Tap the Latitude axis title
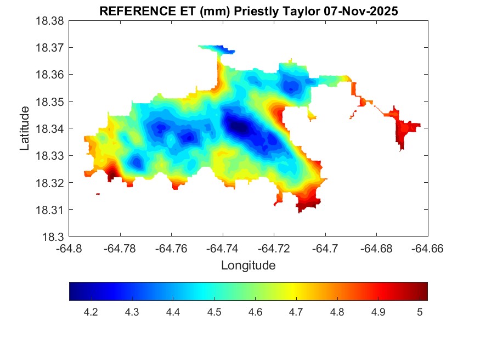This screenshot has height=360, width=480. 25,129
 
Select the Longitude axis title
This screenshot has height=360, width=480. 248,266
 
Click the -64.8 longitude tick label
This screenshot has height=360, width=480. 70,249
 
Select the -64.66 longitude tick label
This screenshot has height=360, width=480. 428,249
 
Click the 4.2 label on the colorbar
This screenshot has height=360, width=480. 91,312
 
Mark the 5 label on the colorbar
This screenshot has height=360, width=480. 420,312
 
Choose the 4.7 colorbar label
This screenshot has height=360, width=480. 296,312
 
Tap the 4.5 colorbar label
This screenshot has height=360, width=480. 214,312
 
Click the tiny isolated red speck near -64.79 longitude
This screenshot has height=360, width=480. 98,194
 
